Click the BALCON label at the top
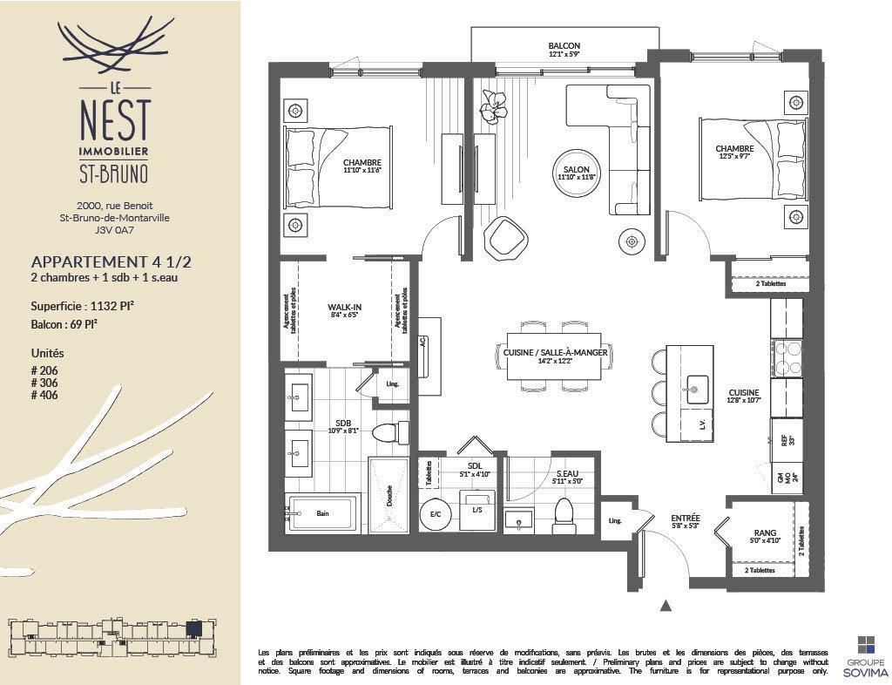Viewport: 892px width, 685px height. [x=564, y=46]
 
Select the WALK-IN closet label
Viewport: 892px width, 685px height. [x=345, y=308]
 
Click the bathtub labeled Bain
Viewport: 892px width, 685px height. [x=322, y=514]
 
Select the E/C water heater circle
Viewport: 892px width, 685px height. [x=434, y=514]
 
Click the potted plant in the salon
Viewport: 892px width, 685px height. [x=493, y=106]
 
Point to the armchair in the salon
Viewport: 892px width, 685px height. [x=507, y=238]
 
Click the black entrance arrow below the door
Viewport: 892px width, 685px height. [x=666, y=605]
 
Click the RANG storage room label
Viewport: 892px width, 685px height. [x=765, y=533]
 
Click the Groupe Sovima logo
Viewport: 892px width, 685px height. [x=866, y=654]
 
